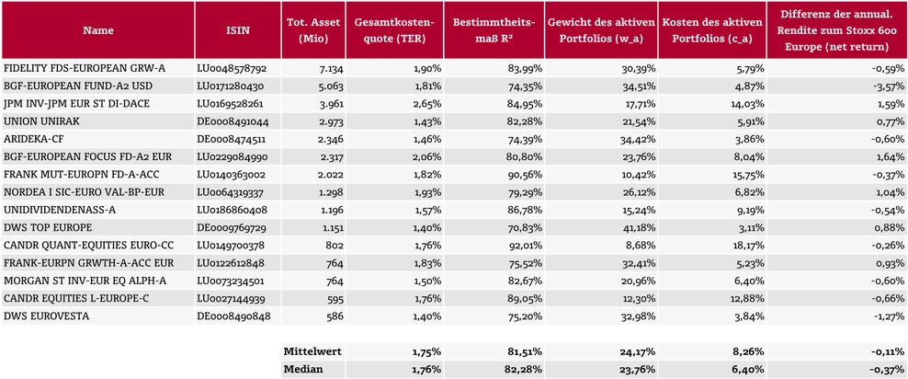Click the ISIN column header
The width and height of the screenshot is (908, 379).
pyautogui.click(x=238, y=29)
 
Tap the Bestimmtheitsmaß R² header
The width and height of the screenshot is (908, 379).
pyautogui.click(x=494, y=29)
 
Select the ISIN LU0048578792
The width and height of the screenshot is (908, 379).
pyautogui.click(x=232, y=69)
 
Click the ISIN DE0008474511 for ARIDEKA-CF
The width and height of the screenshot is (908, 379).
pyautogui.click(x=232, y=139)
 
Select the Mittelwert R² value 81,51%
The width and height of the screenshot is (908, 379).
pyautogui.click(x=526, y=351)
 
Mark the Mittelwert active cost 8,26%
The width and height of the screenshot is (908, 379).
pyautogui.click(x=751, y=351)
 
